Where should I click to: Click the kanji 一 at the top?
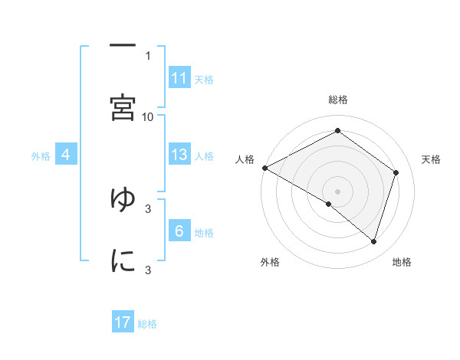[123, 44]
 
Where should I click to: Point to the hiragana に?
[123, 260]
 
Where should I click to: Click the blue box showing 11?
[179, 78]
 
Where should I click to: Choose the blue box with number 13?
[179, 155]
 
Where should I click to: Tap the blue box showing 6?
[179, 231]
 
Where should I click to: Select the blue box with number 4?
[66, 155]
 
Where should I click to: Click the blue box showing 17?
[123, 322]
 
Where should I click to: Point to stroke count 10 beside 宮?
[148, 116]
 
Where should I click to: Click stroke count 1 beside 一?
[148, 55]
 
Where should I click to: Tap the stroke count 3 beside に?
[148, 270]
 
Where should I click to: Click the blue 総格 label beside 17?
[147, 324]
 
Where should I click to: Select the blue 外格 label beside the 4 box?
[41, 156]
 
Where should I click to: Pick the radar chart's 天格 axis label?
[431, 159]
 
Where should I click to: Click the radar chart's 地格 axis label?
[402, 262]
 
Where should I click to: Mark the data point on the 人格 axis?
[264, 167]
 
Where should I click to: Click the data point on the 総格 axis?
[337, 131]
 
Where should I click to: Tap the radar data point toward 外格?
[329, 204]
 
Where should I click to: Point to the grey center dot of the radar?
[337, 190]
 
